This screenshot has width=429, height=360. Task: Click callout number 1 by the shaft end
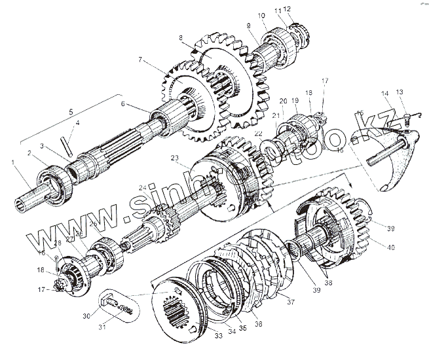click(x=12, y=162)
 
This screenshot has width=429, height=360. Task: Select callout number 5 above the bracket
click(x=71, y=111)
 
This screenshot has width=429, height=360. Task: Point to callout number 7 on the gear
click(x=140, y=60)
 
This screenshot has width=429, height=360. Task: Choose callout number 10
click(x=261, y=14)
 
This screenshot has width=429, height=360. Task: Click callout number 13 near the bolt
click(x=400, y=92)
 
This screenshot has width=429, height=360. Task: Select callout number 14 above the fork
click(x=386, y=94)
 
